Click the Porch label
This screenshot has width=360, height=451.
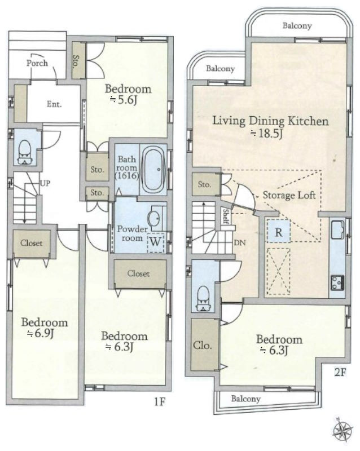(x=37, y=63)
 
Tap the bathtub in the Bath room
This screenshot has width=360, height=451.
(x=154, y=170)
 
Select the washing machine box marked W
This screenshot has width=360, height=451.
(x=156, y=242)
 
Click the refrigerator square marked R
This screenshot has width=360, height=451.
(x=279, y=232)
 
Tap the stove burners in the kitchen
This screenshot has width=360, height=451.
(x=337, y=282)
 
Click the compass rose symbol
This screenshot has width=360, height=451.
(x=343, y=430)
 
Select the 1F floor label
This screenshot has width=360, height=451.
(x=159, y=401)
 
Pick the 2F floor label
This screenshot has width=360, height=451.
(x=340, y=373)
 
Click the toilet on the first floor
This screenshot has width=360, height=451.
(x=25, y=152)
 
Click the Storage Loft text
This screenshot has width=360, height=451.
(x=289, y=196)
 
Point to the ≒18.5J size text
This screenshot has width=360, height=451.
(x=267, y=134)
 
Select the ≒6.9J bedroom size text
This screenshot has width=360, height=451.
(x=41, y=334)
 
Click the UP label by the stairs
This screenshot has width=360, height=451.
(x=45, y=183)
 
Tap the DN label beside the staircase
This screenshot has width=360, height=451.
(x=240, y=243)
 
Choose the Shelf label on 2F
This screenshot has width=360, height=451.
(x=226, y=216)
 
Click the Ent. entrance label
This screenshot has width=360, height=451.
(x=54, y=104)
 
